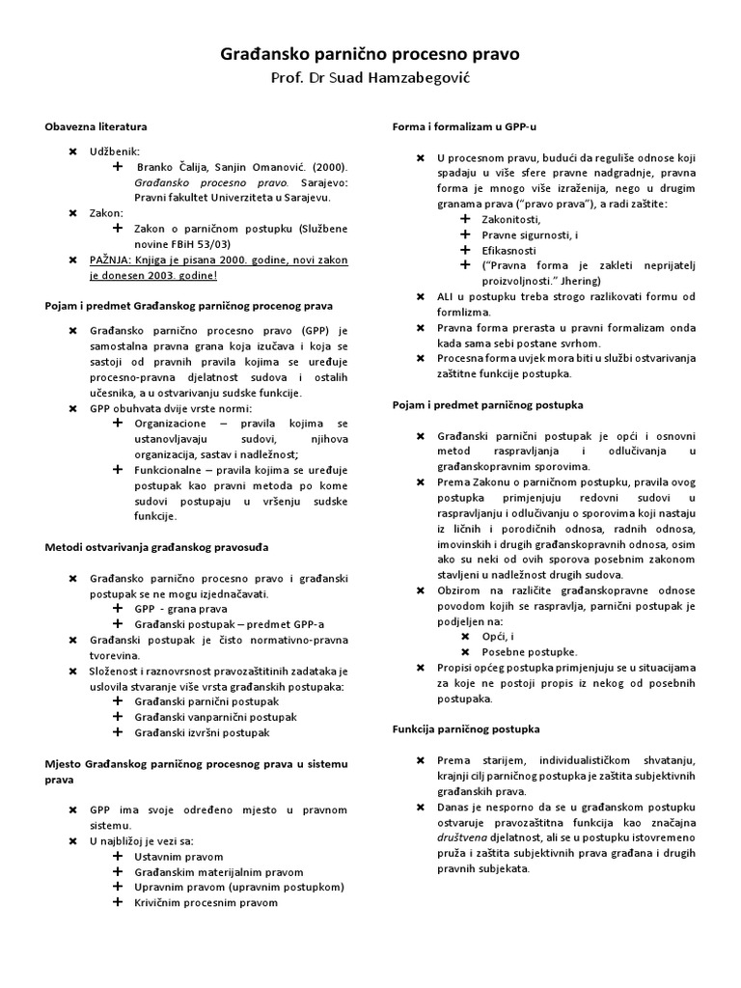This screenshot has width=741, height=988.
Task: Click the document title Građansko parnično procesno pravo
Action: [370, 55]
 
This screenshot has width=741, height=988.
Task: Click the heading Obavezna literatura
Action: [96, 126]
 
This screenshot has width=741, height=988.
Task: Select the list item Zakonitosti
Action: [514, 219]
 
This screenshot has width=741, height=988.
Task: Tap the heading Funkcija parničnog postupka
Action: [466, 728]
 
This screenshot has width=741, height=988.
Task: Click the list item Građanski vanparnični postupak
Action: [215, 717]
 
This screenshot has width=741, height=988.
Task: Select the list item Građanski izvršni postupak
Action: [202, 732]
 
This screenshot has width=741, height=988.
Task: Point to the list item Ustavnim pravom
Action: [178, 856]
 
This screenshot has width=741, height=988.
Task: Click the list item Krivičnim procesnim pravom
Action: [206, 902]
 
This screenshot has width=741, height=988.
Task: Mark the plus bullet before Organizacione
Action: [118, 423]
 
